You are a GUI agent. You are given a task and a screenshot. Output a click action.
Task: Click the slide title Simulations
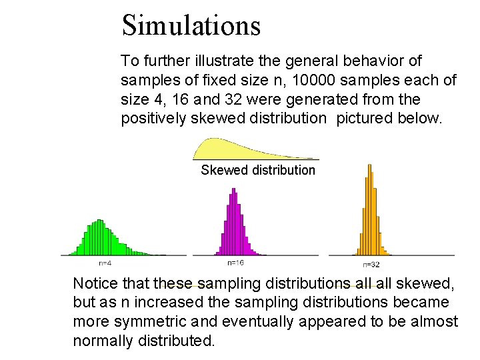(x=191, y=25)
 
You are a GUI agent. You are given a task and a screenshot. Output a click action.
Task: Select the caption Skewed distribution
(x=258, y=170)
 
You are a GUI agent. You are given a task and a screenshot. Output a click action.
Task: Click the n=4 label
(x=105, y=262)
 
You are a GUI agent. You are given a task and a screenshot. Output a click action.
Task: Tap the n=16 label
(x=235, y=262)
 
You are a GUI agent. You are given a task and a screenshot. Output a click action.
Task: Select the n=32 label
(x=371, y=264)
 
